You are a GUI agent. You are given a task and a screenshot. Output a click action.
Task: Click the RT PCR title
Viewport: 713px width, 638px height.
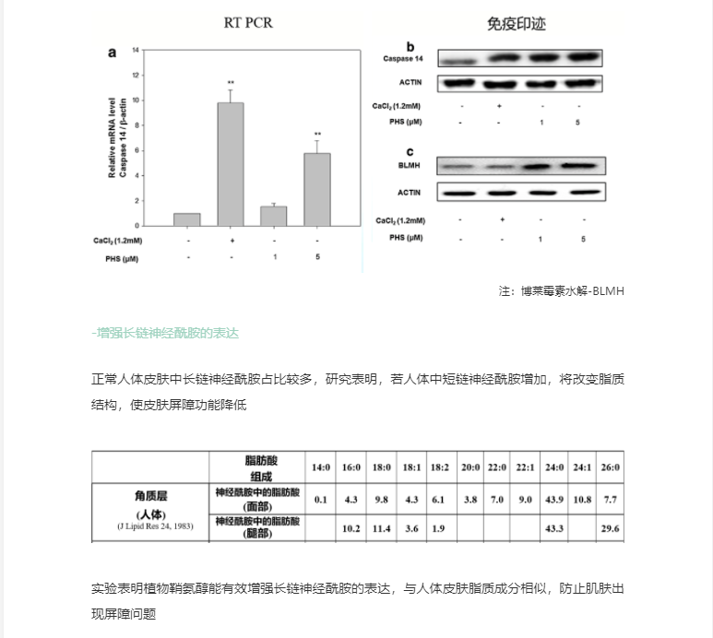coord(248,22)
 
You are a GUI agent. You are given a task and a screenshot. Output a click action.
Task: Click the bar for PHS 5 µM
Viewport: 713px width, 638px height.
coord(316,189)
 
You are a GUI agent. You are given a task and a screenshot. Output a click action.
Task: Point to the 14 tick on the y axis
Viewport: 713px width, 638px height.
coord(136,49)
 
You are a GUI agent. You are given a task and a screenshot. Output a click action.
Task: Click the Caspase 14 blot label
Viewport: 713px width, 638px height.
coord(403,59)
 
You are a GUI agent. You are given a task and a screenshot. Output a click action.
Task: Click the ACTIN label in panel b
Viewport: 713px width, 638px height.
coord(410,82)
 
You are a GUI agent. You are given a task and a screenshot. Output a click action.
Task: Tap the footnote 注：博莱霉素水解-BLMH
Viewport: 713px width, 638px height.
coord(562,291)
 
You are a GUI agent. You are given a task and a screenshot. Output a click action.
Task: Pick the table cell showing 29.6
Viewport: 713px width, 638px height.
coord(610,528)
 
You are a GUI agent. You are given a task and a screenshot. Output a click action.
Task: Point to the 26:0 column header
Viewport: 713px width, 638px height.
coord(610,467)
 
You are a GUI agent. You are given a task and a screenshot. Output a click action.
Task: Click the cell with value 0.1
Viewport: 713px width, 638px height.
coord(321,499)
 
